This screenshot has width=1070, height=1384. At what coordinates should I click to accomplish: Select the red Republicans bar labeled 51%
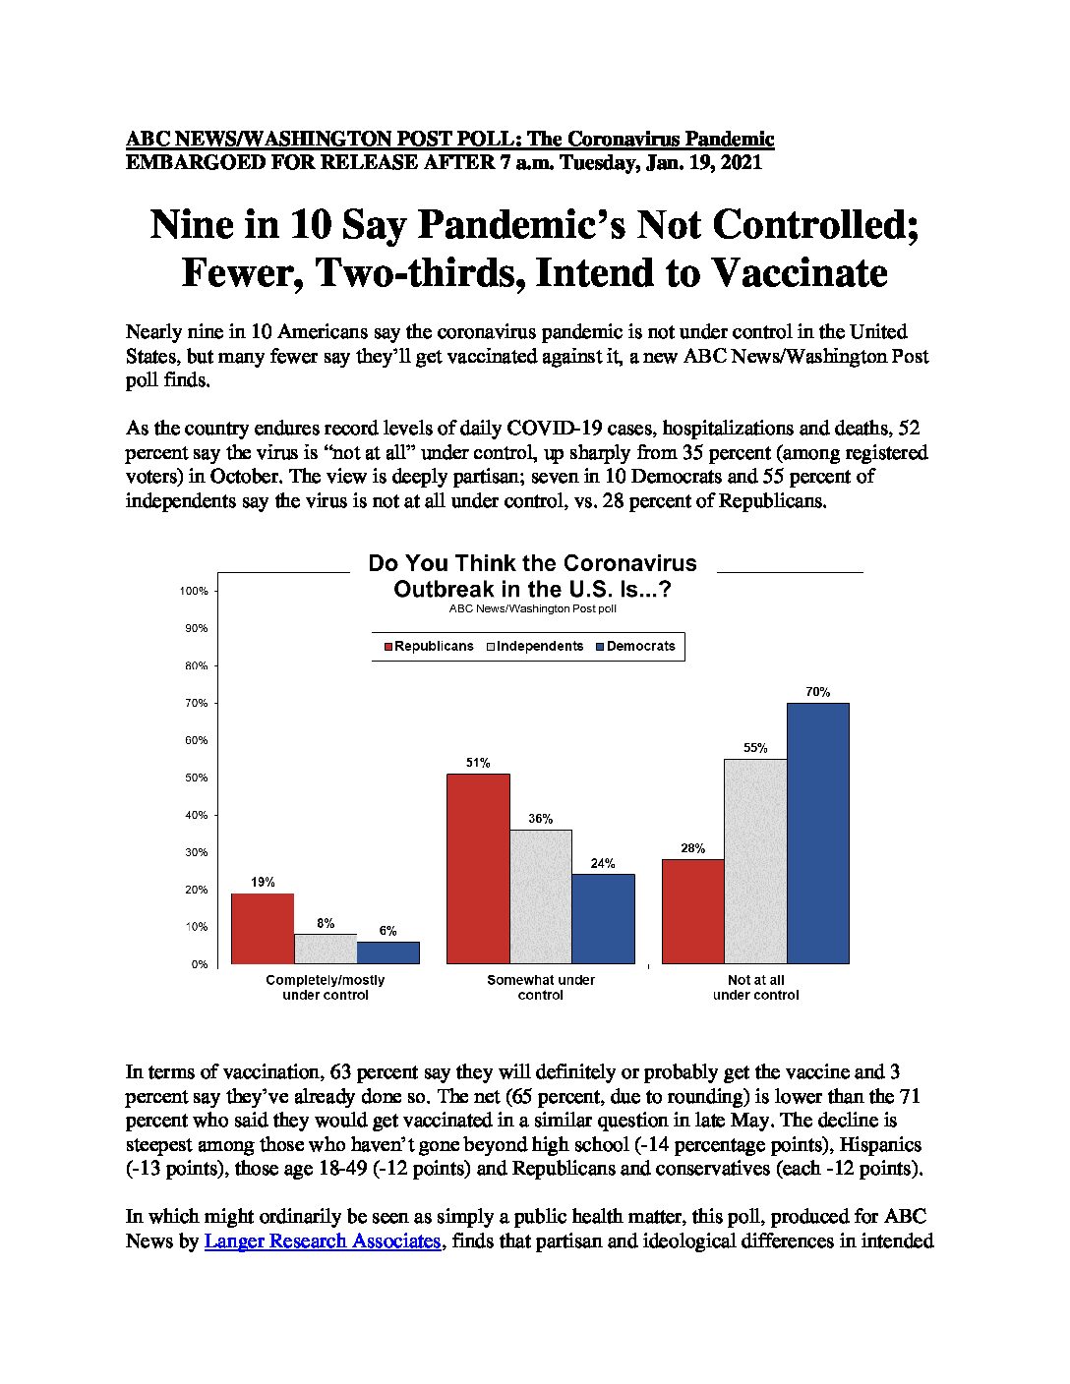478,868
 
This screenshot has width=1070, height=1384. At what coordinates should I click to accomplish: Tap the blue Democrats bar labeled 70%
817,834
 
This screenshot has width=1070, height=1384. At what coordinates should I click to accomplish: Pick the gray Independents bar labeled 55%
756,861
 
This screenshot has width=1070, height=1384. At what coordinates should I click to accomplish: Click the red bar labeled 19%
263,928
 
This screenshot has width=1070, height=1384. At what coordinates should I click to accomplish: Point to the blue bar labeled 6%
388,952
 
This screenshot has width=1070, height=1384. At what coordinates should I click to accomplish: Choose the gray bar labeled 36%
541,896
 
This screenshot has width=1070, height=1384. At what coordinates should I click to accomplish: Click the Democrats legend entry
635,646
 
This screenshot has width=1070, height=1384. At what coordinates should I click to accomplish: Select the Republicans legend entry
429,646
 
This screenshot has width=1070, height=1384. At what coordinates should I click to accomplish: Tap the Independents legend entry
535,646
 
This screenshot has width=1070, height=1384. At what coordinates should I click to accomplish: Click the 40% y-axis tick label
197,815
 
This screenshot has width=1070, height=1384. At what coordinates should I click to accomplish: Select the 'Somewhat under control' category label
541,987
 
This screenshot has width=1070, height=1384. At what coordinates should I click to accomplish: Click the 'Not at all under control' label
756,987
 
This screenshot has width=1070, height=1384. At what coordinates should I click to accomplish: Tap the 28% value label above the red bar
692,847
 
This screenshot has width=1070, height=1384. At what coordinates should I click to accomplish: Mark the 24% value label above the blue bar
602,863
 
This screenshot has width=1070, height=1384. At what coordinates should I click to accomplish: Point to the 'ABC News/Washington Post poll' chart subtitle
532,608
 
